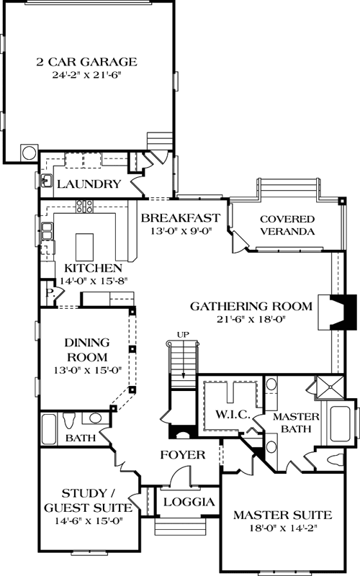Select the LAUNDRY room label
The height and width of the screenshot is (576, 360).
(x=89, y=184)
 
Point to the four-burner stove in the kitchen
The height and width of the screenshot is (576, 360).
(x=84, y=207)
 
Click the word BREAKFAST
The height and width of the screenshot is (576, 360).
(x=179, y=218)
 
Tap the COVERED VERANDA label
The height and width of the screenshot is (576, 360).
(x=287, y=225)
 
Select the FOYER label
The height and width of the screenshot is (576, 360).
(x=181, y=455)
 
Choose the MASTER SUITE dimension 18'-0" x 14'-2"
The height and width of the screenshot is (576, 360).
(x=282, y=528)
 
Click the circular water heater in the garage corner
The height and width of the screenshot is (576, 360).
(x=29, y=152)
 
